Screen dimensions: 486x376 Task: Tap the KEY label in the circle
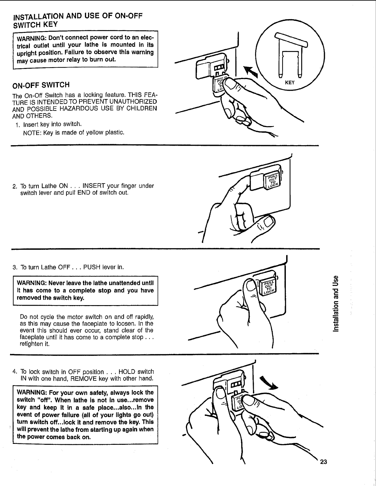(290, 83)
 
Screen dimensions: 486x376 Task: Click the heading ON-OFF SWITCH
(41, 85)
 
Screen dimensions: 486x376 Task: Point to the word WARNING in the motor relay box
(30, 38)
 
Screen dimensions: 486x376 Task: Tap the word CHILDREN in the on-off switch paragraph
(140, 108)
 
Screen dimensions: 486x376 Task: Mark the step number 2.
(14, 186)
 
